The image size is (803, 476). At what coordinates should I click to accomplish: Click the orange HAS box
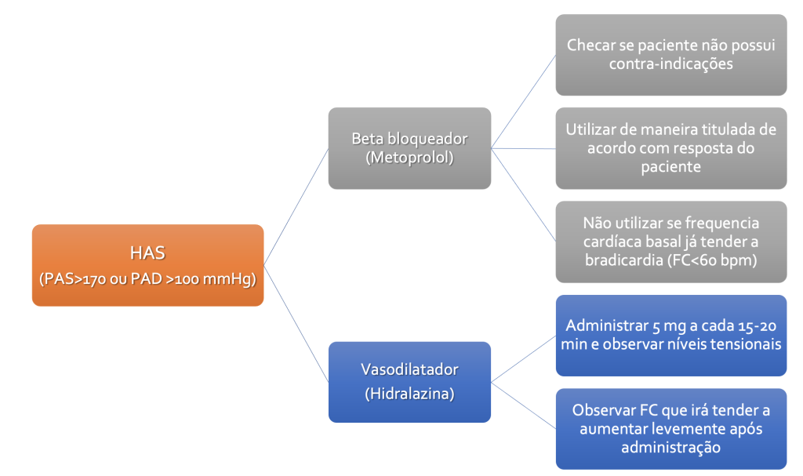(x=147, y=265)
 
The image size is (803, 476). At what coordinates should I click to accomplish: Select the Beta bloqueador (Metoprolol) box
(x=409, y=148)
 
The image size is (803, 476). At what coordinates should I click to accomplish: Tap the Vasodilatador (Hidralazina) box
(x=409, y=382)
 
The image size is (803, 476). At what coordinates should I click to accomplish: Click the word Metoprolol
(x=409, y=158)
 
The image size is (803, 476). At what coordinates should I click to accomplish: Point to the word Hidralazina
(x=409, y=394)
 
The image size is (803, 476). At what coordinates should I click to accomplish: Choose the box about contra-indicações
(x=671, y=55)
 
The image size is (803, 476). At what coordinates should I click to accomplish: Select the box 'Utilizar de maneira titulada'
(x=671, y=148)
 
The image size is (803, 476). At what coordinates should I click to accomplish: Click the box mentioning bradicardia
(x=671, y=242)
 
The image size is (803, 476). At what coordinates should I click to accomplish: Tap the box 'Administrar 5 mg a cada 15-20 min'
(x=671, y=335)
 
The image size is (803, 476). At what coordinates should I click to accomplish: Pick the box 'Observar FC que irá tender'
(x=671, y=429)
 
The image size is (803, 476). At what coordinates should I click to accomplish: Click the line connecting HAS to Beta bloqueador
(x=296, y=206)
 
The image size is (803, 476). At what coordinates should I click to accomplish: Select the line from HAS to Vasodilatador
(x=296, y=323)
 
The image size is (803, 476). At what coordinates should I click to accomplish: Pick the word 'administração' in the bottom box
(x=671, y=447)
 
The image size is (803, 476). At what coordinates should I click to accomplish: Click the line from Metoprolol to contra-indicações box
(x=523, y=101)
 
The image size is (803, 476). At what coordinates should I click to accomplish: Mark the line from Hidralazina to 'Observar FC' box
(x=523, y=405)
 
